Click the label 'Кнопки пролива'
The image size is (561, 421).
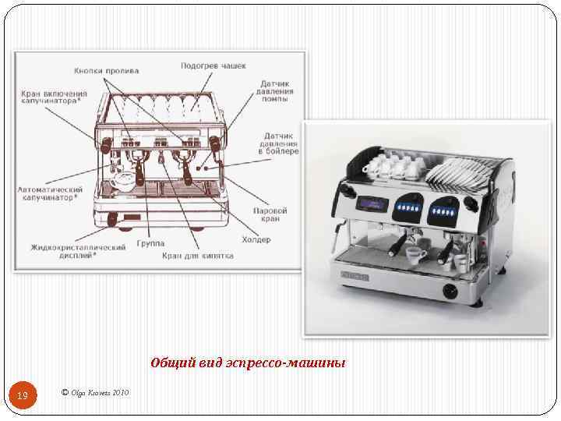[106, 71]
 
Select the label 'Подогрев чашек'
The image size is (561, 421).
[213, 65]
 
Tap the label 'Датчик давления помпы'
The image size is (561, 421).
[274, 91]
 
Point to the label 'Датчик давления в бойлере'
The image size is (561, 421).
[278, 143]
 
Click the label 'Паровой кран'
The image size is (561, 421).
[270, 214]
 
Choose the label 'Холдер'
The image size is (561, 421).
[256, 239]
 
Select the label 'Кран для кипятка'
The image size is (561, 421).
[198, 256]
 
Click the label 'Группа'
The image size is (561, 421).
[150, 243]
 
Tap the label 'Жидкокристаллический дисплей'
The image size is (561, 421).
[78, 251]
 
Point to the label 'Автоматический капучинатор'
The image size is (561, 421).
[50, 193]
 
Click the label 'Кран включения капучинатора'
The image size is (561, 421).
[54, 97]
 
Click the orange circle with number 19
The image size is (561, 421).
[23, 394]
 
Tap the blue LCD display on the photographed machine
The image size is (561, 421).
[372, 204]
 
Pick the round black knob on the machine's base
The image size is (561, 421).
[450, 291]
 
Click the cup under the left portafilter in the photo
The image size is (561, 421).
[416, 255]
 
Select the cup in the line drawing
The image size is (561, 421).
[124, 181]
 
